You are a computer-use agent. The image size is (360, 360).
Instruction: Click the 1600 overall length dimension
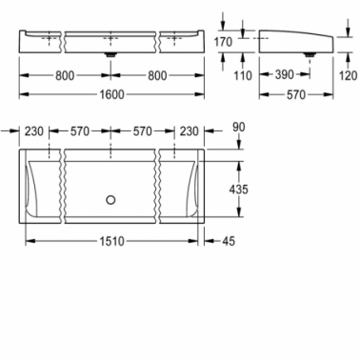pyautogui.click(x=111, y=94)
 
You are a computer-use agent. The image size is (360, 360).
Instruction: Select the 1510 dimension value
pyautogui.click(x=111, y=241)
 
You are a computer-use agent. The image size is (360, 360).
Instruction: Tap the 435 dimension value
pyautogui.click(x=238, y=190)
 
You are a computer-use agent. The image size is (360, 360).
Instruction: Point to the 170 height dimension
pyautogui.click(x=223, y=42)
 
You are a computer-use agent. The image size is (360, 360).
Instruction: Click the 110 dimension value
pyautogui.click(x=243, y=75)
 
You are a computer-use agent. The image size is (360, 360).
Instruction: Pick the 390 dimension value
pyautogui.click(x=285, y=75)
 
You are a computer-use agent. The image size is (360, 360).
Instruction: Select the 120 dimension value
pyautogui.click(x=348, y=75)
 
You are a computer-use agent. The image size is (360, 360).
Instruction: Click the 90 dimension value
pyautogui.click(x=239, y=127)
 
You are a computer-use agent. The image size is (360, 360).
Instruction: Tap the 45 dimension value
pyautogui.click(x=229, y=241)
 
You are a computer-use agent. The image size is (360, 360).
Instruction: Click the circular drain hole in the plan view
pyautogui.click(x=110, y=200)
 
